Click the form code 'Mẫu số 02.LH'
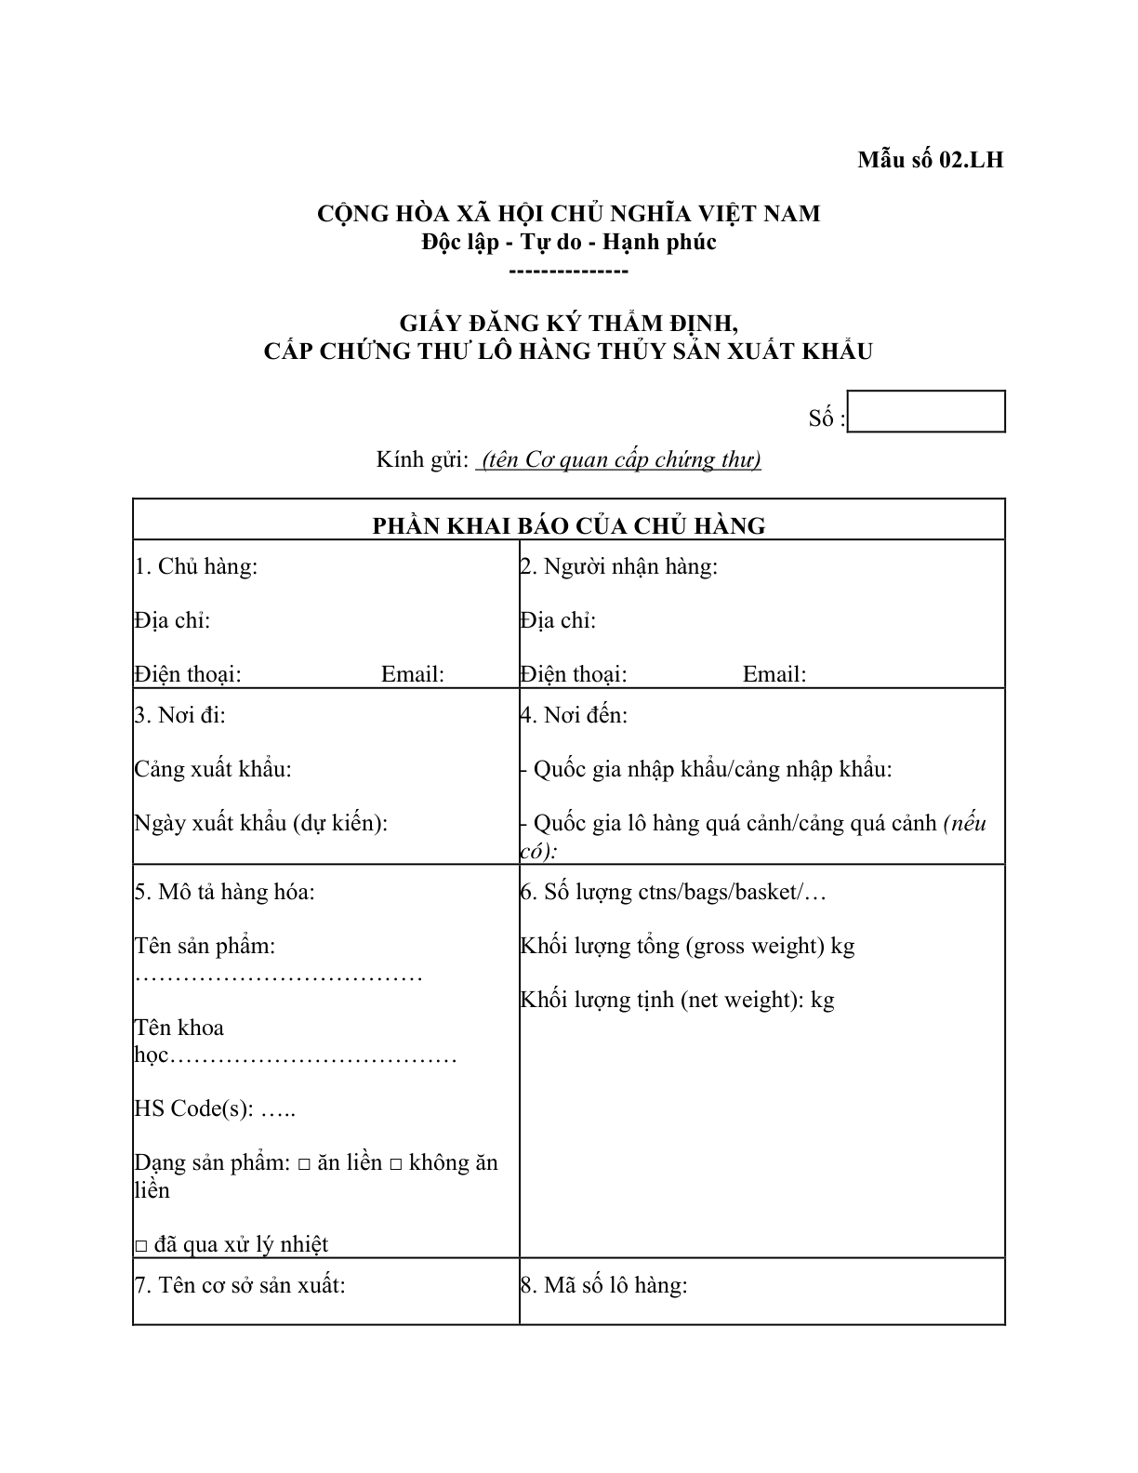click(x=930, y=160)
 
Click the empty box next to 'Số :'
click(x=927, y=412)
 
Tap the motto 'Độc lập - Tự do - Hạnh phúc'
click(x=568, y=242)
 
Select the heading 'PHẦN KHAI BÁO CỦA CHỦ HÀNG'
click(x=568, y=525)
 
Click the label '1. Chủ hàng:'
click(x=196, y=566)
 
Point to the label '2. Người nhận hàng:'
click(x=619, y=566)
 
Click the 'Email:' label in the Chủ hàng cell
click(x=413, y=674)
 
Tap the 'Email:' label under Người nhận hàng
click(x=774, y=674)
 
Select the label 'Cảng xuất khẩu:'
click(x=213, y=769)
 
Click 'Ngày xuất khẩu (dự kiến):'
click(x=260, y=823)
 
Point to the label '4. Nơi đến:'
click(x=574, y=715)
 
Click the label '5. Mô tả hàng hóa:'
click(x=224, y=892)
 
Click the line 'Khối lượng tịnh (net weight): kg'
click(x=677, y=1000)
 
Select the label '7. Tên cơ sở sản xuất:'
click(x=240, y=1285)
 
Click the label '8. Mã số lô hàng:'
click(x=603, y=1285)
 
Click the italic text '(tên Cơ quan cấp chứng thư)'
click(x=619, y=459)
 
